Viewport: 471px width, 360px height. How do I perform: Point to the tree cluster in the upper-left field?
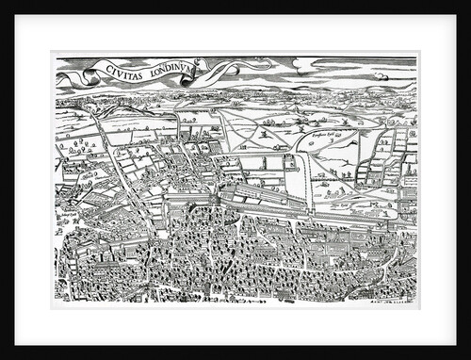[75, 146]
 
